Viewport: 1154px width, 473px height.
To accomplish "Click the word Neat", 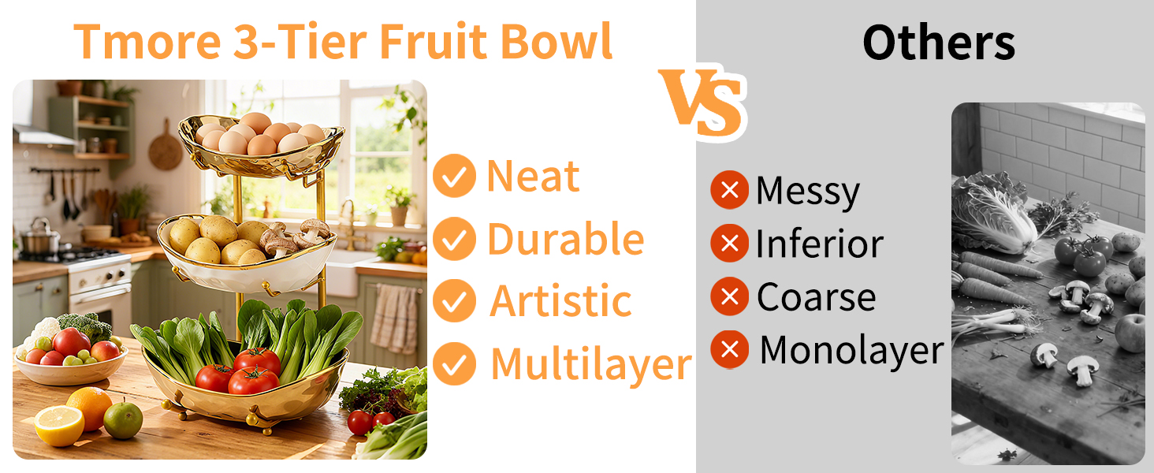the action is coord(533,177).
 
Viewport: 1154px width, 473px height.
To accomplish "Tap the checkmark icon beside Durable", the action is coord(454,239).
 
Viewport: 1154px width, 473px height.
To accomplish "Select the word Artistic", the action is coord(560,300).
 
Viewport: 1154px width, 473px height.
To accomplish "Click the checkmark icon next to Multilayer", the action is coord(454,363).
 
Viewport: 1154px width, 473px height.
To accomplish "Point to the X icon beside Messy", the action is coord(729,190).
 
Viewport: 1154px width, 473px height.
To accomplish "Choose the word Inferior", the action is coord(819,243).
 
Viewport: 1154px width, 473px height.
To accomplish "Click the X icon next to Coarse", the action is coord(729,296).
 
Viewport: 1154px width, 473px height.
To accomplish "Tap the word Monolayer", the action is coord(851,351).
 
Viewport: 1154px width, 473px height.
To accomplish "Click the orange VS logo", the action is coord(702,103).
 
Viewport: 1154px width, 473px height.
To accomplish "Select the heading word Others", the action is coord(939,43).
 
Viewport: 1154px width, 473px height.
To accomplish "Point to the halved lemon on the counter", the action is coord(59,425).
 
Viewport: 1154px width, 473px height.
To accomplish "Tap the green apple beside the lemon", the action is coord(123,420).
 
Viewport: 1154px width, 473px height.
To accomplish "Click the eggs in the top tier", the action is coord(260,135).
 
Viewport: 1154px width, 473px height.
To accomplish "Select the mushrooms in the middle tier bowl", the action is coord(295,238).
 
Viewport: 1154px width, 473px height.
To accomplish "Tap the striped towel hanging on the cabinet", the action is coord(394,318).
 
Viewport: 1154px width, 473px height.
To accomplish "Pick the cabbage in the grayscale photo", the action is coord(992,213).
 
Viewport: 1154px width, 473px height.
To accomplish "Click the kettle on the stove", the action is coord(39,237).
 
